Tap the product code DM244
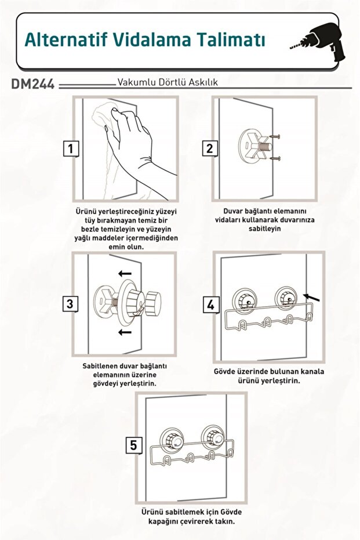[x=33, y=84]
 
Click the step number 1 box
[x=71, y=148]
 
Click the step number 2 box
[x=210, y=148]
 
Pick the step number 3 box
[x=70, y=304]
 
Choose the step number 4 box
[x=210, y=305]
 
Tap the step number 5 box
[x=133, y=445]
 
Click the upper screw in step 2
[x=275, y=137]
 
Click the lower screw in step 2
[x=275, y=158]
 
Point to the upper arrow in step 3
[x=125, y=274]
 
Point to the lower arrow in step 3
[x=125, y=332]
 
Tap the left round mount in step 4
[x=245, y=299]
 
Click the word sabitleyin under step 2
[x=265, y=229]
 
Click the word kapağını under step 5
[x=165, y=521]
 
